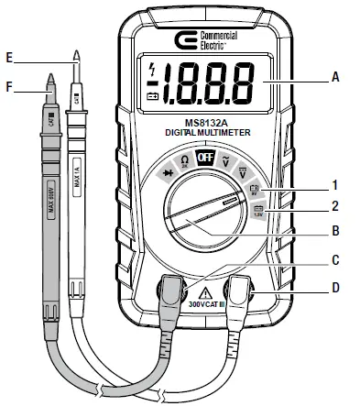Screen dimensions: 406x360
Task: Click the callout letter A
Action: (335, 77)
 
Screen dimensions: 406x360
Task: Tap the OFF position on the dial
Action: (205, 157)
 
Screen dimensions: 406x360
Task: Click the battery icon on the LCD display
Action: (152, 93)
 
